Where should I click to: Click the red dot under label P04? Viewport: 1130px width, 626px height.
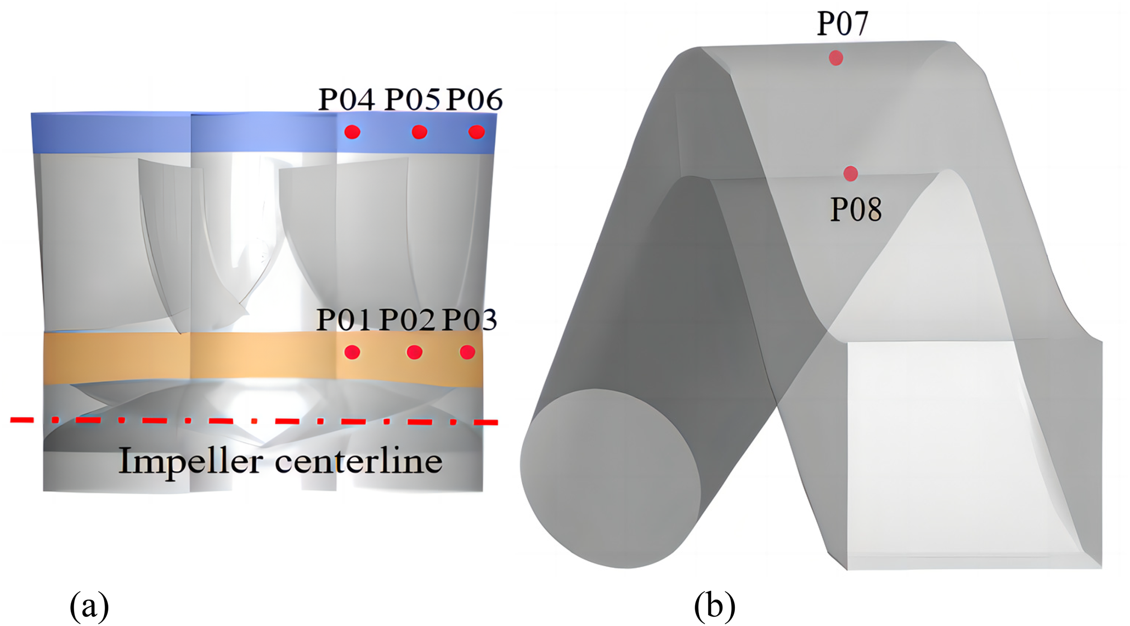coord(352,132)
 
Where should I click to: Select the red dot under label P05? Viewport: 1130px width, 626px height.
coord(419,132)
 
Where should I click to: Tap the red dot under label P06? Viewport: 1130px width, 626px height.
coord(476,132)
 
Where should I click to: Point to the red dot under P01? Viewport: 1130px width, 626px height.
coord(352,352)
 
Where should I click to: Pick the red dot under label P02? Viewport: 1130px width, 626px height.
coord(414,352)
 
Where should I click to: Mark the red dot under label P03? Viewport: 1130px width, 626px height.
coord(467,352)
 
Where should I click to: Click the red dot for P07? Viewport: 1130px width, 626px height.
coord(836,58)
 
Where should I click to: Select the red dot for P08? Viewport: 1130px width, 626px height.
coord(850,174)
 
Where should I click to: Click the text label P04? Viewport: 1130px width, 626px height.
coord(347,99)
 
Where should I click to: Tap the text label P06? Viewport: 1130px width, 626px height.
coord(474,99)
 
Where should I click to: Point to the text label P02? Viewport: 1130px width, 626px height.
coord(407,320)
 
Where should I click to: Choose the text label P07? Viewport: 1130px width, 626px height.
coord(843,24)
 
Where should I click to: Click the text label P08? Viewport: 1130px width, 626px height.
coord(856,209)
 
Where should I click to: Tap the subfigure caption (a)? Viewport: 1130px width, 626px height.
coord(89,606)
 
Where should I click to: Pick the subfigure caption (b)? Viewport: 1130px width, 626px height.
coord(715,606)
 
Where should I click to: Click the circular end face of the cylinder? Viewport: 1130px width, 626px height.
coord(610,478)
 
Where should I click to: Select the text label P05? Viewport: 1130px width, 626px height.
coord(412,99)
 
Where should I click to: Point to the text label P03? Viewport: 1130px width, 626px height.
coord(469,320)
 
